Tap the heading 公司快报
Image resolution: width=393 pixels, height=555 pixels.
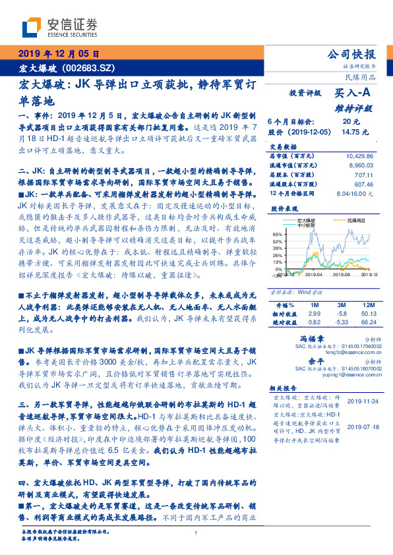(351, 55)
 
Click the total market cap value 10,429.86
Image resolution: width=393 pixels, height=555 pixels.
(358, 155)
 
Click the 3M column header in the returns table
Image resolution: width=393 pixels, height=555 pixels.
(341, 306)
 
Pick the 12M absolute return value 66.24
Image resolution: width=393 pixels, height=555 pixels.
(369, 323)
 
